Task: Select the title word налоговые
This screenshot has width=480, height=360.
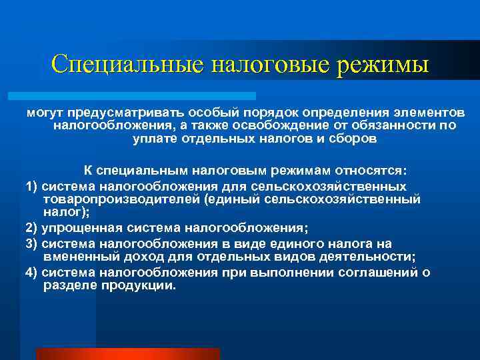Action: point(270,65)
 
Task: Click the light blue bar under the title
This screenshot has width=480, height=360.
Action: point(140,96)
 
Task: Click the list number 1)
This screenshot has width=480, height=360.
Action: point(32,183)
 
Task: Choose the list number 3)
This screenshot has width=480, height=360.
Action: point(32,243)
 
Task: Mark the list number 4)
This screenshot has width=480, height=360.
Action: point(32,272)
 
